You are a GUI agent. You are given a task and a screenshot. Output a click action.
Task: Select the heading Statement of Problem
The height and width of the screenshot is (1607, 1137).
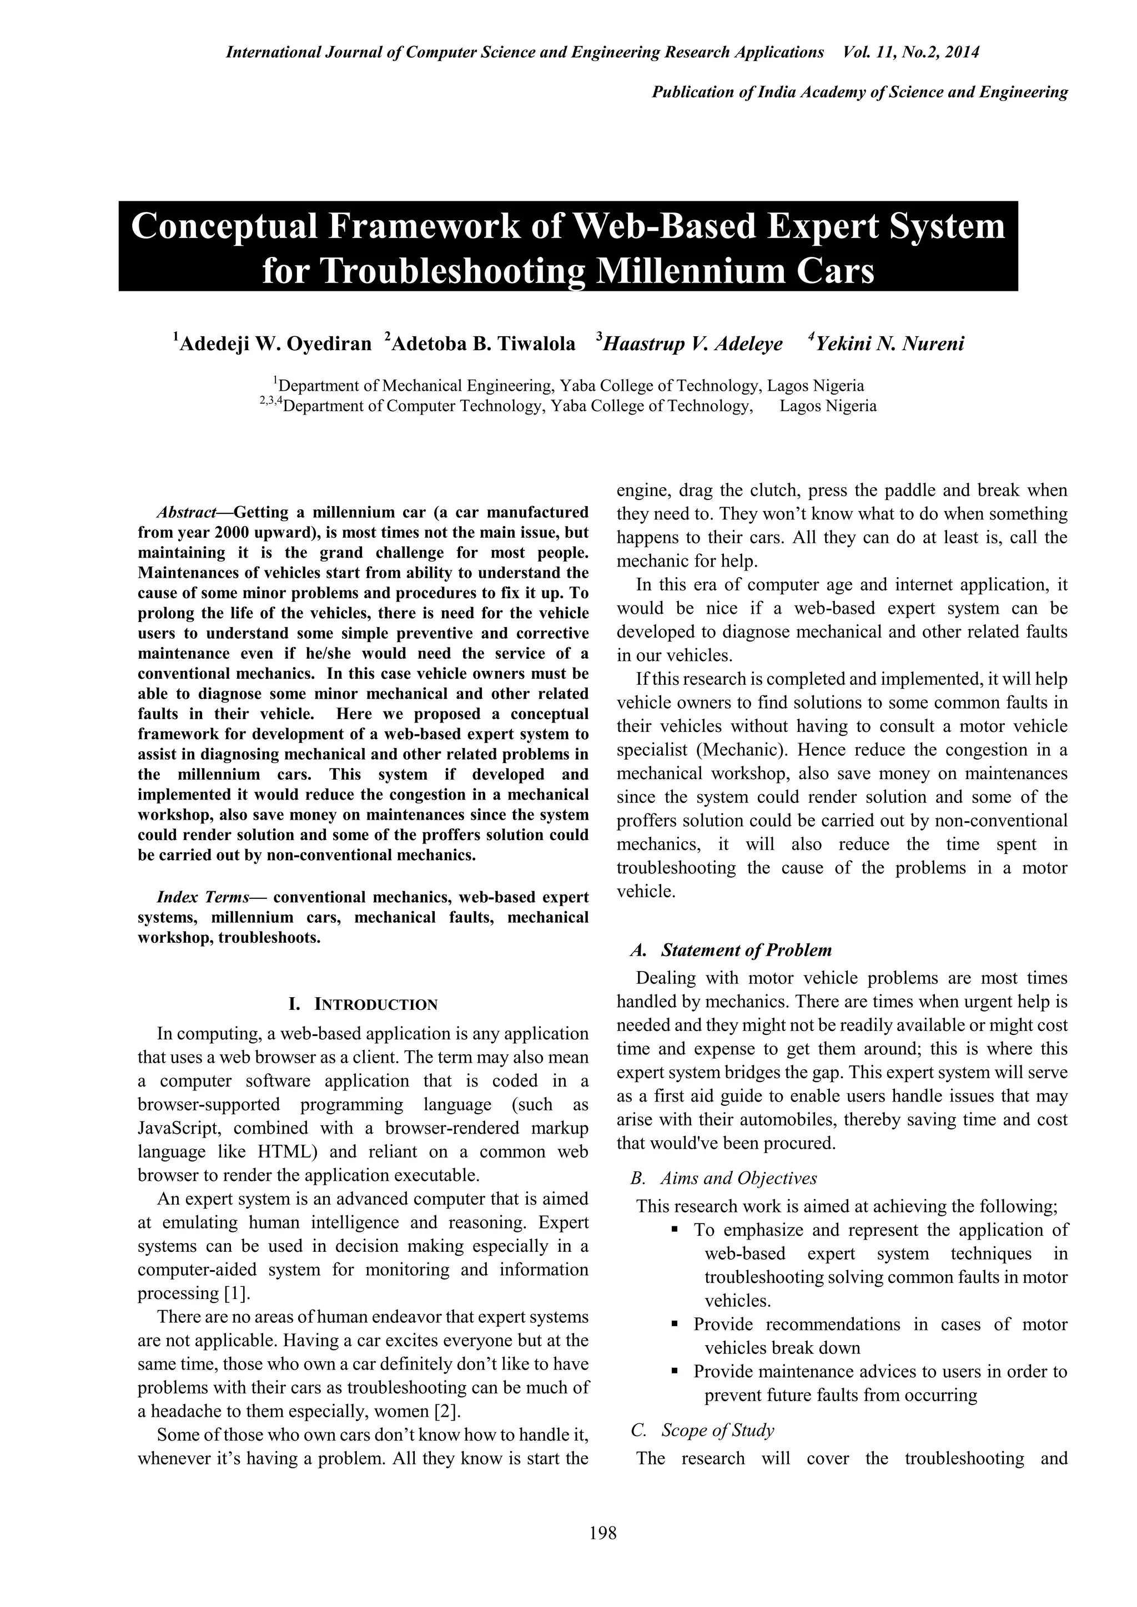746,950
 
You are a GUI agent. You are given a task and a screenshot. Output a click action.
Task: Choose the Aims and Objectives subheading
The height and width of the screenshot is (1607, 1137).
738,1178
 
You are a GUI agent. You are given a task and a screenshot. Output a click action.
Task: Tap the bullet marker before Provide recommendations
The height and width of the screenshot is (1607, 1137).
675,1324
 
